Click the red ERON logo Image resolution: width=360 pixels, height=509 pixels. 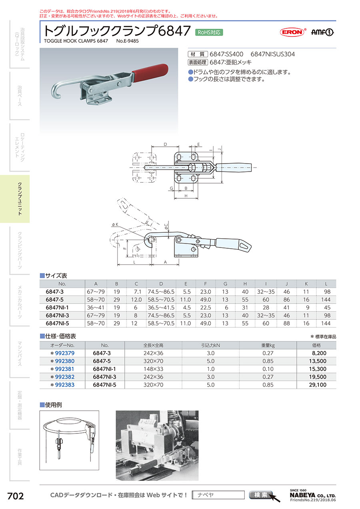pyautogui.click(x=292, y=32)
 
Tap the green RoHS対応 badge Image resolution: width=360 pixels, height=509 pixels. pyautogui.click(x=209, y=32)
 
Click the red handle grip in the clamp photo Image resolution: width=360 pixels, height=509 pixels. pyautogui.click(x=150, y=72)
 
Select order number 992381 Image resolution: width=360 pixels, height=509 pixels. pyautogui.click(x=64, y=369)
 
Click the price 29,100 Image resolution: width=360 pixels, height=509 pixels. pyautogui.click(x=318, y=385)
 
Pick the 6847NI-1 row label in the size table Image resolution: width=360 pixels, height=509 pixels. pyautogui.click(x=57, y=307)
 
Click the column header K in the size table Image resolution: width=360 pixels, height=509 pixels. pyautogui.click(x=306, y=284)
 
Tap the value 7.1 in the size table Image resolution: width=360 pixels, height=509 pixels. pyautogui.click(x=137, y=292)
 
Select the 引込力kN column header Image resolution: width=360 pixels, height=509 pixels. pyautogui.click(x=210, y=345)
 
